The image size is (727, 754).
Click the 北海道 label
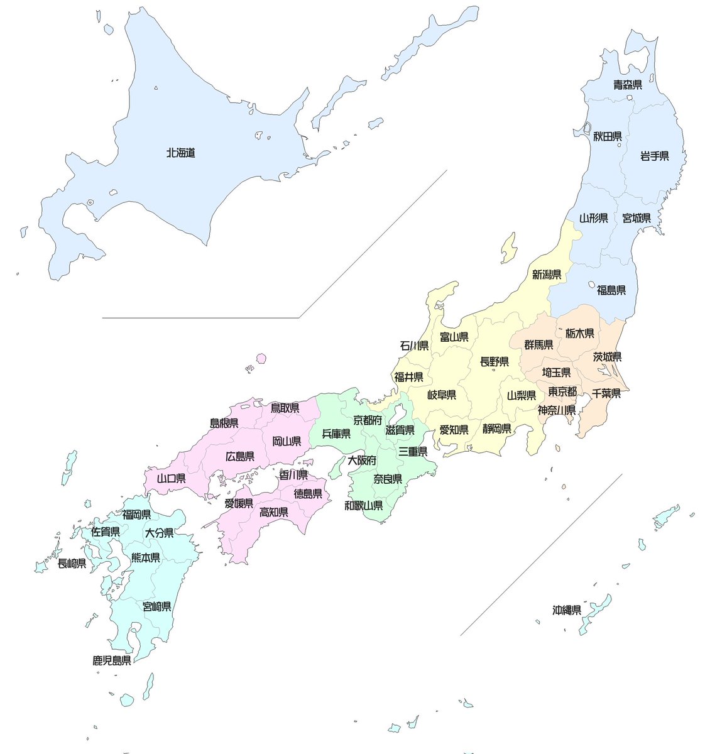pyautogui.click(x=180, y=153)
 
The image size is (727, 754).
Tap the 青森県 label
pyautogui.click(x=627, y=85)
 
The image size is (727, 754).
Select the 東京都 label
pyautogui.click(x=562, y=391)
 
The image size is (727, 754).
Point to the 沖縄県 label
pyautogui.click(x=567, y=609)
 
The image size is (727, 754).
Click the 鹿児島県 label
pyautogui.click(x=112, y=660)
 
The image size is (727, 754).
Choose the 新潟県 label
pyautogui.click(x=547, y=274)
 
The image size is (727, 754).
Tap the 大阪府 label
pyautogui.click(x=362, y=460)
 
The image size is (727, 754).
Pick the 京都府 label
pyautogui.click(x=368, y=420)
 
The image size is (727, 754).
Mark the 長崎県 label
pyautogui.click(x=72, y=564)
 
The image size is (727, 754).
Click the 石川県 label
pyautogui.click(x=415, y=346)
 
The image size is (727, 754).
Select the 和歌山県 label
pyautogui.click(x=364, y=505)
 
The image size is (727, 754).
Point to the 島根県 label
pyautogui.click(x=224, y=423)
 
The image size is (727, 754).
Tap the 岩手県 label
pyautogui.click(x=654, y=156)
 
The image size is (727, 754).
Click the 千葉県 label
pyautogui.click(x=606, y=394)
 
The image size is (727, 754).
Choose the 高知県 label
pyautogui.click(x=274, y=513)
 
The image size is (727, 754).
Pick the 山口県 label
pyautogui.click(x=171, y=478)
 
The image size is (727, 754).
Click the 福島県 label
pyautogui.click(x=611, y=290)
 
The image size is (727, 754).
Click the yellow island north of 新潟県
pyautogui.click(x=510, y=248)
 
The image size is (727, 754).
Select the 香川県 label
pyautogui.click(x=293, y=474)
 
